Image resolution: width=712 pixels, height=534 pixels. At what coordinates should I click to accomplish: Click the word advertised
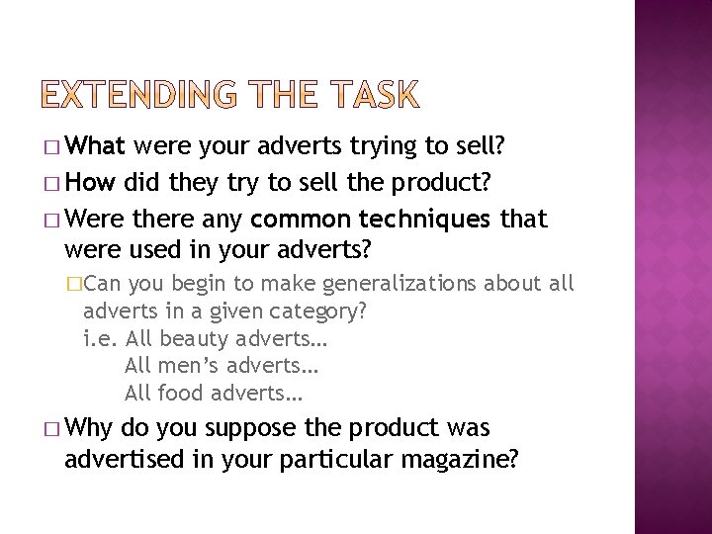(x=125, y=460)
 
